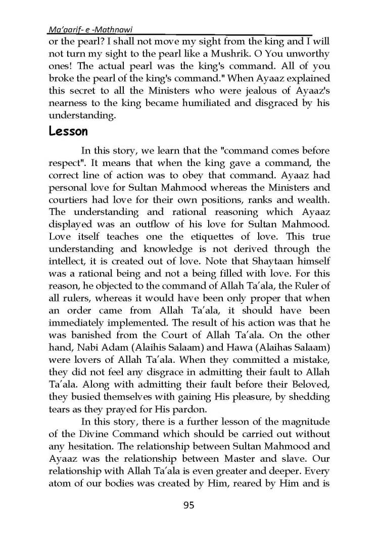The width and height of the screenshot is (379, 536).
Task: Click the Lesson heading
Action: (68, 132)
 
